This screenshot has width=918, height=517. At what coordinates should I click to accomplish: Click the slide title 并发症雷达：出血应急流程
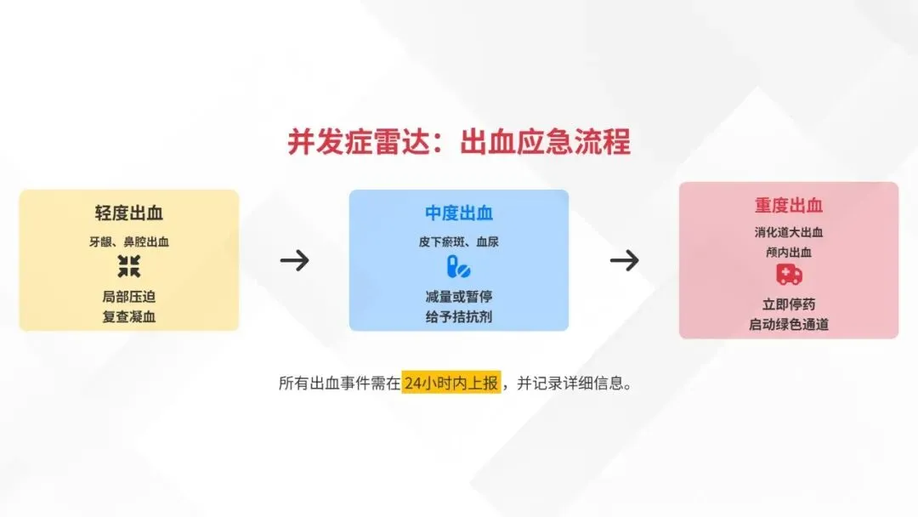pos(459,142)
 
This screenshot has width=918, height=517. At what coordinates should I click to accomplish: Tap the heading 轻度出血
pos(129,213)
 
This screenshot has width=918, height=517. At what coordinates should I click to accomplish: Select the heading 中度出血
pos(459,213)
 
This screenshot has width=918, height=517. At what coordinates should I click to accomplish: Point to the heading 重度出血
pos(789,205)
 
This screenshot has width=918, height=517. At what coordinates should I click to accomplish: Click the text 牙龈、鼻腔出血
pos(129,241)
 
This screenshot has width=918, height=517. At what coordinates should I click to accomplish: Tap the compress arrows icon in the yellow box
pos(129,266)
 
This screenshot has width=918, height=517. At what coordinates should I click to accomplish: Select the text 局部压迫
pos(129,297)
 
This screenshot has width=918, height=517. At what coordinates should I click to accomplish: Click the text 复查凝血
pos(129,317)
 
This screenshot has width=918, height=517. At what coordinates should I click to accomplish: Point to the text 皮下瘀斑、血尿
pos(459,241)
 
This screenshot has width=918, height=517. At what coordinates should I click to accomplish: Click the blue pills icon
pos(458,267)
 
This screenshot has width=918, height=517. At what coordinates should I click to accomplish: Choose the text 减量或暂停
pos(459,297)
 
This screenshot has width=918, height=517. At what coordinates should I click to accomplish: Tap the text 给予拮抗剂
pos(459,317)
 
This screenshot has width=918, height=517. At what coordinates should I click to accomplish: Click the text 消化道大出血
pos(789,232)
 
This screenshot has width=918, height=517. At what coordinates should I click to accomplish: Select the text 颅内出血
pos(789,252)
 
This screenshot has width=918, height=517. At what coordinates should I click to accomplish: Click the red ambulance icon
pos(789,275)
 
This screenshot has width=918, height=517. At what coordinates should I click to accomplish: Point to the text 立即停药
pos(789,304)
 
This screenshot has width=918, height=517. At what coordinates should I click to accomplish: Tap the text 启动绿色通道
pos(789,324)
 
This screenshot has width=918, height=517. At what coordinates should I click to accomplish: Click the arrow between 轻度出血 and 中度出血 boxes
pos(294,260)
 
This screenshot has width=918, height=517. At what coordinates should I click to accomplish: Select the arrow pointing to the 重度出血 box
pos(624,260)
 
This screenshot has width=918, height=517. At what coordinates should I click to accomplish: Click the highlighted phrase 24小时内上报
pos(451,383)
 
